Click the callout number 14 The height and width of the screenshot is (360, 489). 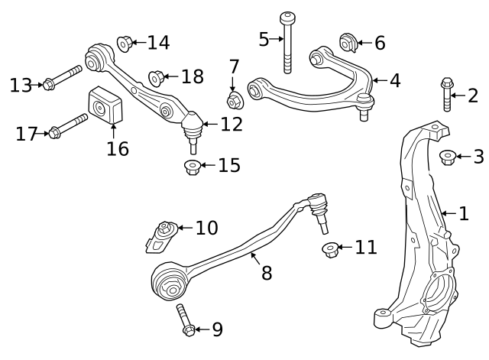pos(158,43)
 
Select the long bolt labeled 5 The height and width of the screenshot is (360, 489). pos(287,43)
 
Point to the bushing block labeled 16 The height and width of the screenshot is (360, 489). pos(105,105)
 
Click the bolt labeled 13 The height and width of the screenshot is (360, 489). pos(63,77)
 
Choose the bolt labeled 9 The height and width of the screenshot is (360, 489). pos(186,320)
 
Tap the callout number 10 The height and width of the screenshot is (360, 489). pos(207,228)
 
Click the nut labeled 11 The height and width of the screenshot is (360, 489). pos(330,250)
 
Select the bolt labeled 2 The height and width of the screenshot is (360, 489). pos(447,94)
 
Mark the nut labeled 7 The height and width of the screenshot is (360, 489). pos(235,100)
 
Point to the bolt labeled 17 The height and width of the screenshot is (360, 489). pos(69,126)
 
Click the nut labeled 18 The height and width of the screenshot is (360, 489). pos(156,79)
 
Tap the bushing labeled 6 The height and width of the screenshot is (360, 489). pos(348,43)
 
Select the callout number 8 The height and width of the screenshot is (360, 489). pos(267,273)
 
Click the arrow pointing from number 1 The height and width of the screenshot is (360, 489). pos(449,214)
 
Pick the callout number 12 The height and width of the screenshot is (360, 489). pos(232,124)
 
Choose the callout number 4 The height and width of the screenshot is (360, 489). pos(395,80)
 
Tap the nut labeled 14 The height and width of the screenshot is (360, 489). pos(125,44)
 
